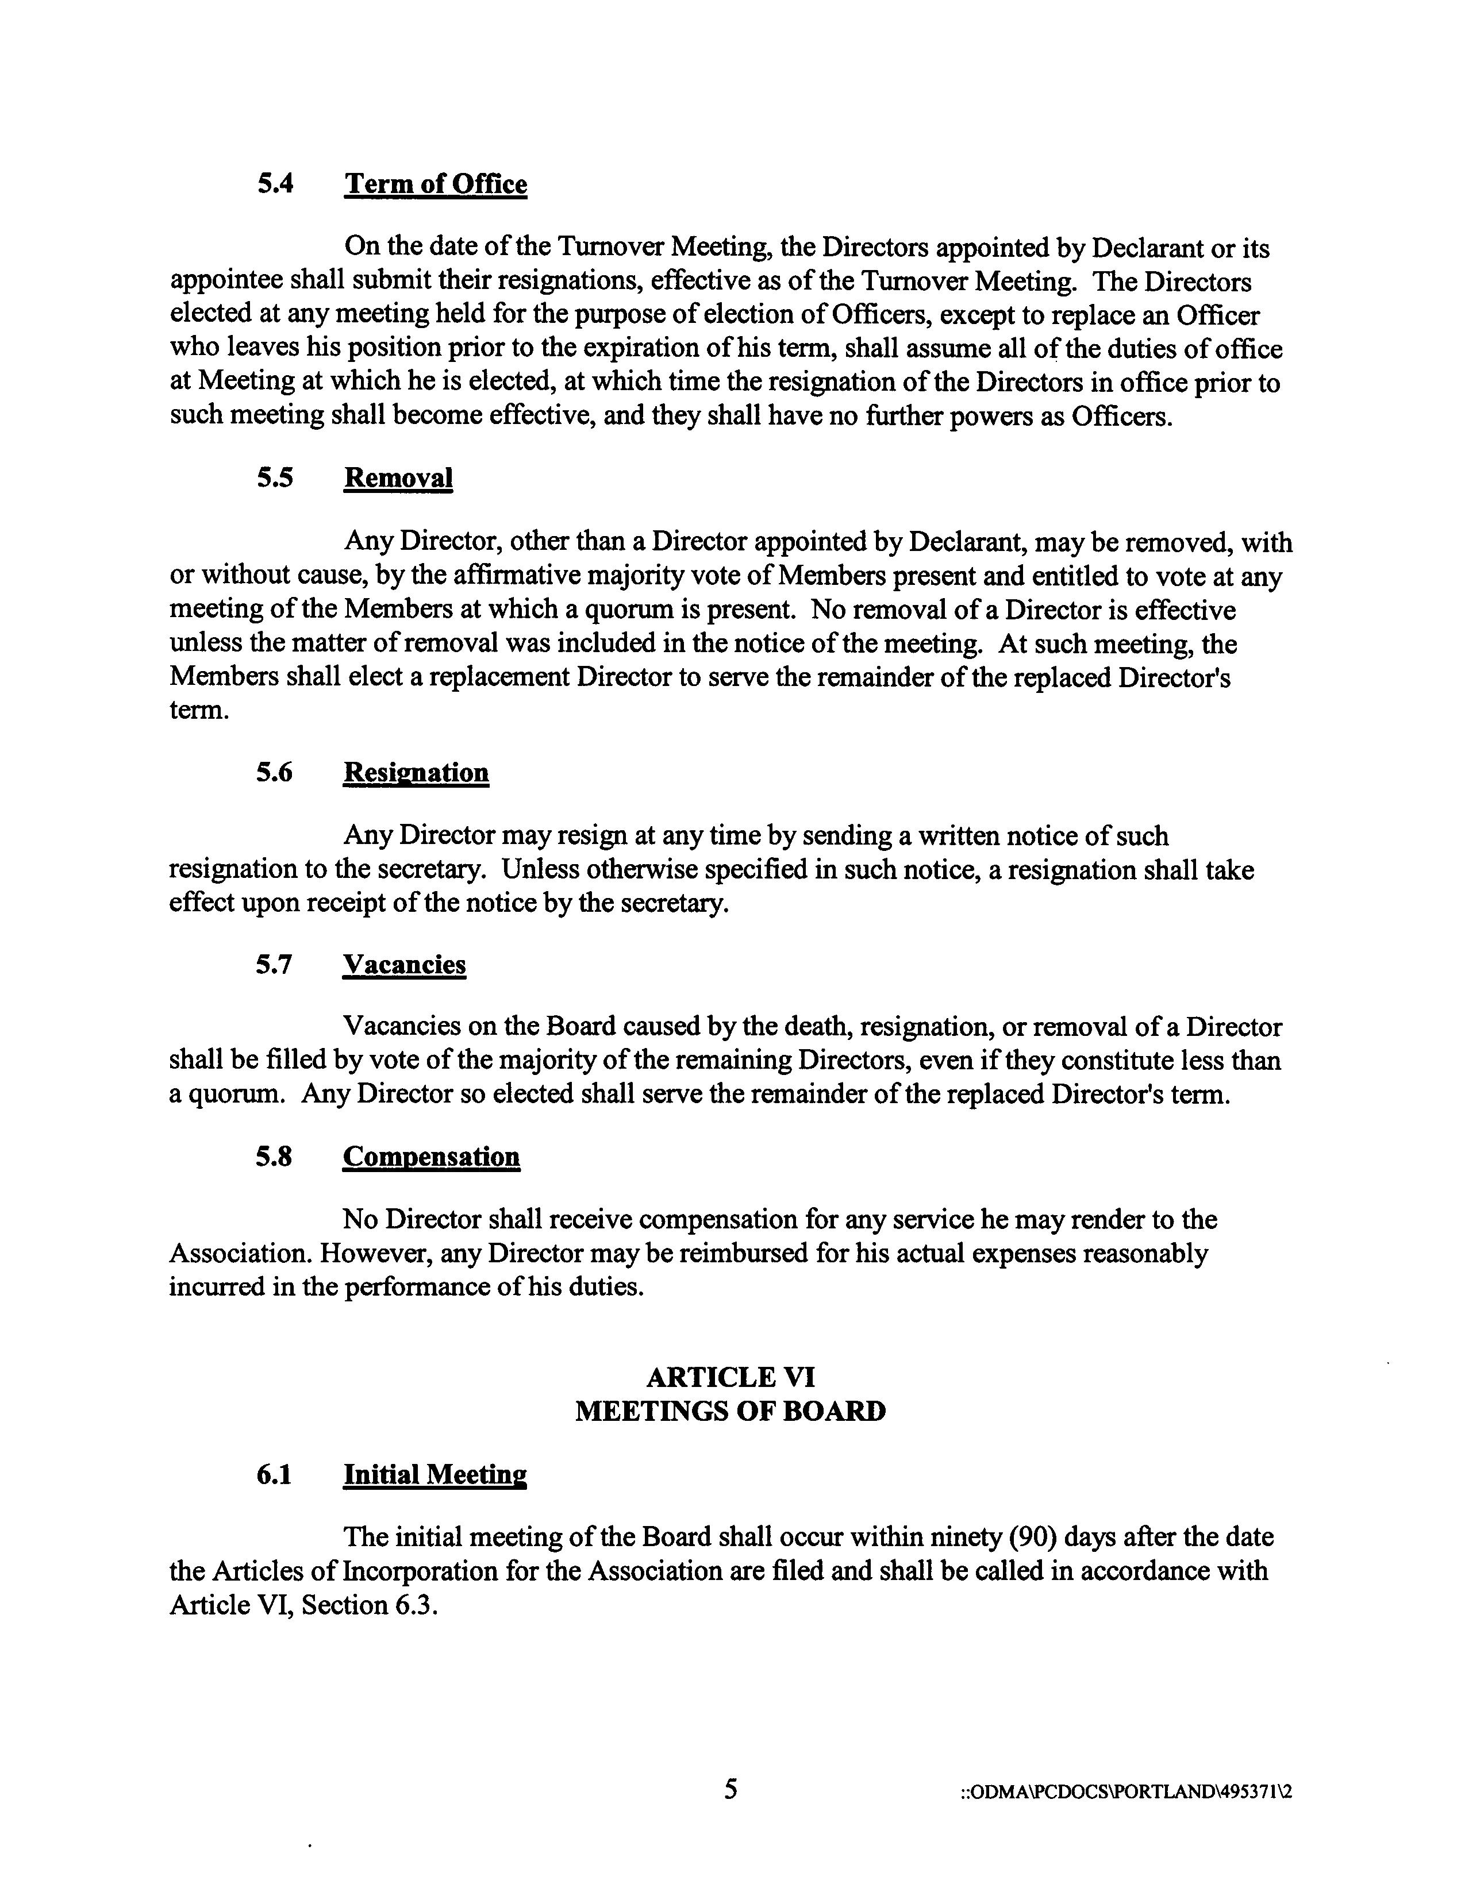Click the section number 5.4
[275, 184]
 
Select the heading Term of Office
[435, 184]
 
